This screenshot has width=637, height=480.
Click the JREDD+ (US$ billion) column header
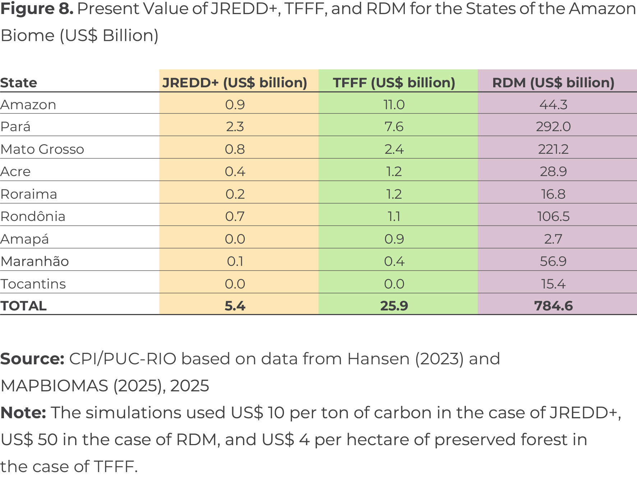235,83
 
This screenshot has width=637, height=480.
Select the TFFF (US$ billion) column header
394,83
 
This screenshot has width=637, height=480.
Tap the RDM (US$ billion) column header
553,83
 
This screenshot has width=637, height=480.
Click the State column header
19,83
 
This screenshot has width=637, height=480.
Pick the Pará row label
15,126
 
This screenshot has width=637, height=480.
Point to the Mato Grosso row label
42,149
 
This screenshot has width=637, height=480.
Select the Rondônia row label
33,216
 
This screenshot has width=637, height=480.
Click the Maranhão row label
35,261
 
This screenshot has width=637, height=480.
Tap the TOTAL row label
23,306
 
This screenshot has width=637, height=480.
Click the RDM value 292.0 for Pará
553,126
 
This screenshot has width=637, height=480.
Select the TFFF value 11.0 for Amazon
394,105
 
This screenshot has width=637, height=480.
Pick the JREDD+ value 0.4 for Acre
235,171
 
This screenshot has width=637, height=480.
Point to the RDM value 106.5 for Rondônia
553,216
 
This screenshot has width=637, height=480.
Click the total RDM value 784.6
553,306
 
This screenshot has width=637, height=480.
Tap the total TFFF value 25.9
394,306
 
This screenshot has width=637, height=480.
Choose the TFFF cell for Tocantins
394,284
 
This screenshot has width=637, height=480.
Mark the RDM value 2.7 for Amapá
553,239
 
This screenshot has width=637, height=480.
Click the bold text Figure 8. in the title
37,9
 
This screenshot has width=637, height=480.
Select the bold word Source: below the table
32,359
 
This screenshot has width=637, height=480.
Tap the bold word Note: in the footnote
23,412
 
